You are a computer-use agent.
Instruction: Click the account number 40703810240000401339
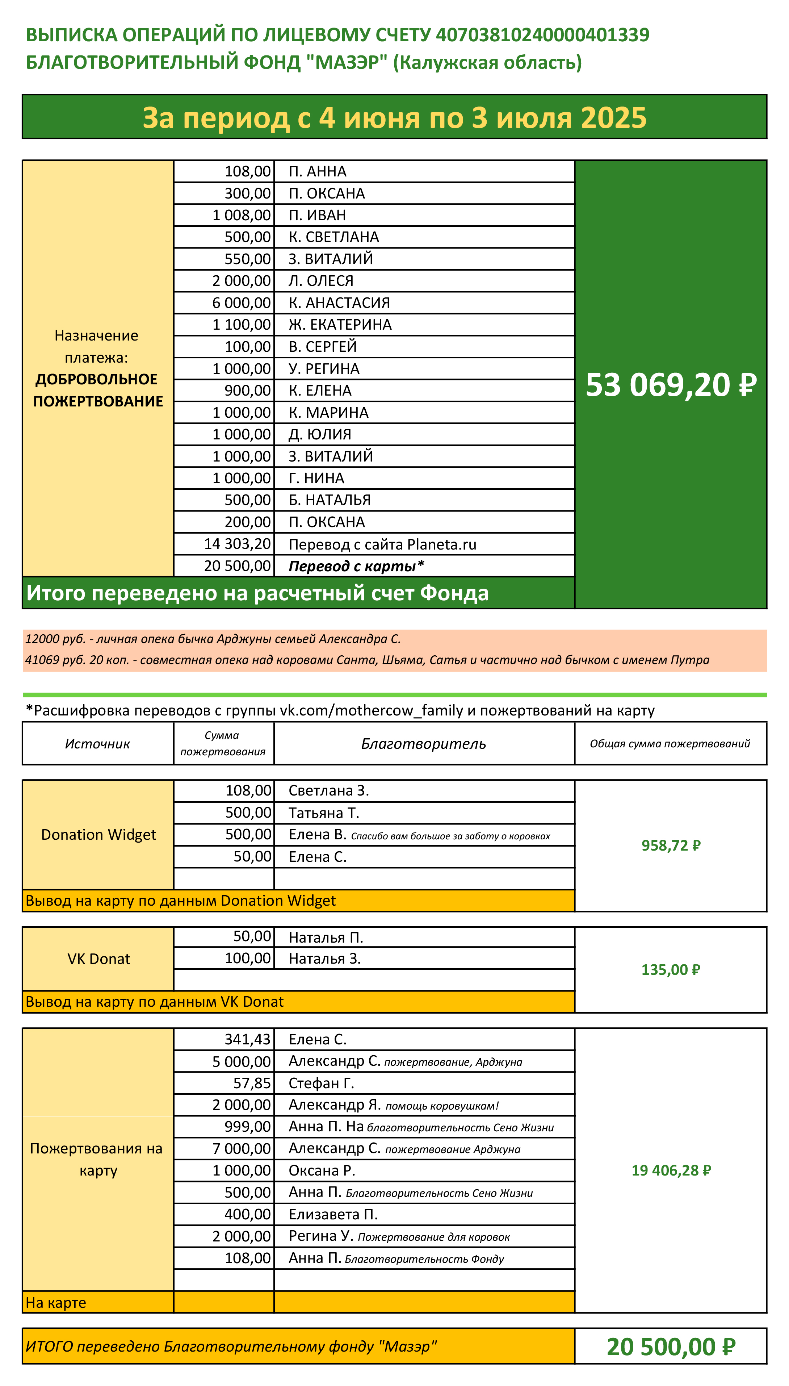click(x=542, y=35)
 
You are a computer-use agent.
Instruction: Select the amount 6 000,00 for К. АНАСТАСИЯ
click(x=241, y=302)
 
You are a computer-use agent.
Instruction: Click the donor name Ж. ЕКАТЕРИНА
click(x=340, y=325)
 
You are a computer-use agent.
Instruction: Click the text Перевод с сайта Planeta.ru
click(x=382, y=544)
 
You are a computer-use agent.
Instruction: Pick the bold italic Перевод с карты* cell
click(x=356, y=566)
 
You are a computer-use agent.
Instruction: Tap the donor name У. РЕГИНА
click(x=323, y=368)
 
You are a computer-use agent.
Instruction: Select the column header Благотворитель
click(x=423, y=744)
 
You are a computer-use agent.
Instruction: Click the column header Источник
click(x=97, y=744)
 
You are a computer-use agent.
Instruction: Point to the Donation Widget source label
click(x=98, y=835)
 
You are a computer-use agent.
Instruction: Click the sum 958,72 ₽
click(x=671, y=846)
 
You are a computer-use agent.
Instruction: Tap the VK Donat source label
click(x=98, y=959)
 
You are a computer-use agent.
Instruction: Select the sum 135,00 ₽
click(x=671, y=970)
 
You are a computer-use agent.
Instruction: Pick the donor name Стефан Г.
click(x=321, y=1083)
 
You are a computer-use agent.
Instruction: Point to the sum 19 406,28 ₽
click(x=671, y=1170)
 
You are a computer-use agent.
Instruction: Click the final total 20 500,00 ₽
click(x=671, y=1347)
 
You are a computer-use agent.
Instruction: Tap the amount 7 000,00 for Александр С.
click(x=241, y=1149)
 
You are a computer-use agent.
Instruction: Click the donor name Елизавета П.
click(x=333, y=1214)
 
